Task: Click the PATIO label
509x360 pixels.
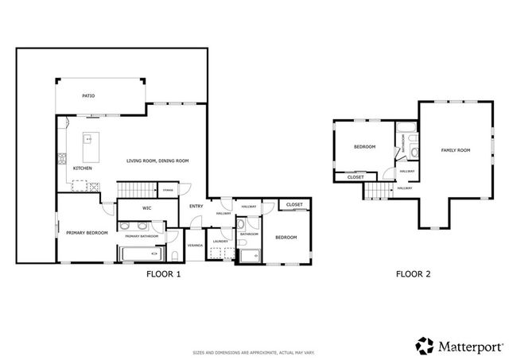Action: (89, 96)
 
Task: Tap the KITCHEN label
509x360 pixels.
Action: (83, 168)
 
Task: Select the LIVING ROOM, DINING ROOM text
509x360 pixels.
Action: (157, 161)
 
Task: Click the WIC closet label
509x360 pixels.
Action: (147, 208)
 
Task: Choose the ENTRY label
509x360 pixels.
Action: (196, 207)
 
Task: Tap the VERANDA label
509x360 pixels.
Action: (195, 246)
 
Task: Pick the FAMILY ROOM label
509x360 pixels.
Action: (457, 150)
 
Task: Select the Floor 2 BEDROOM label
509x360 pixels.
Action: (364, 147)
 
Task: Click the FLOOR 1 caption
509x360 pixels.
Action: (164, 275)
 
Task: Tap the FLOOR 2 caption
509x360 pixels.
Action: (414, 275)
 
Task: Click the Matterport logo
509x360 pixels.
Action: (459, 346)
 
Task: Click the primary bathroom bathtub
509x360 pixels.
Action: (139, 255)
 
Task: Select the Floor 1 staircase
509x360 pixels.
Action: (135, 190)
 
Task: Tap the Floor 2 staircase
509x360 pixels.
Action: (378, 192)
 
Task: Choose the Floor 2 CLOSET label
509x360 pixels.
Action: (356, 177)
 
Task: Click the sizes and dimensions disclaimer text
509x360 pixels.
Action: (254, 351)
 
